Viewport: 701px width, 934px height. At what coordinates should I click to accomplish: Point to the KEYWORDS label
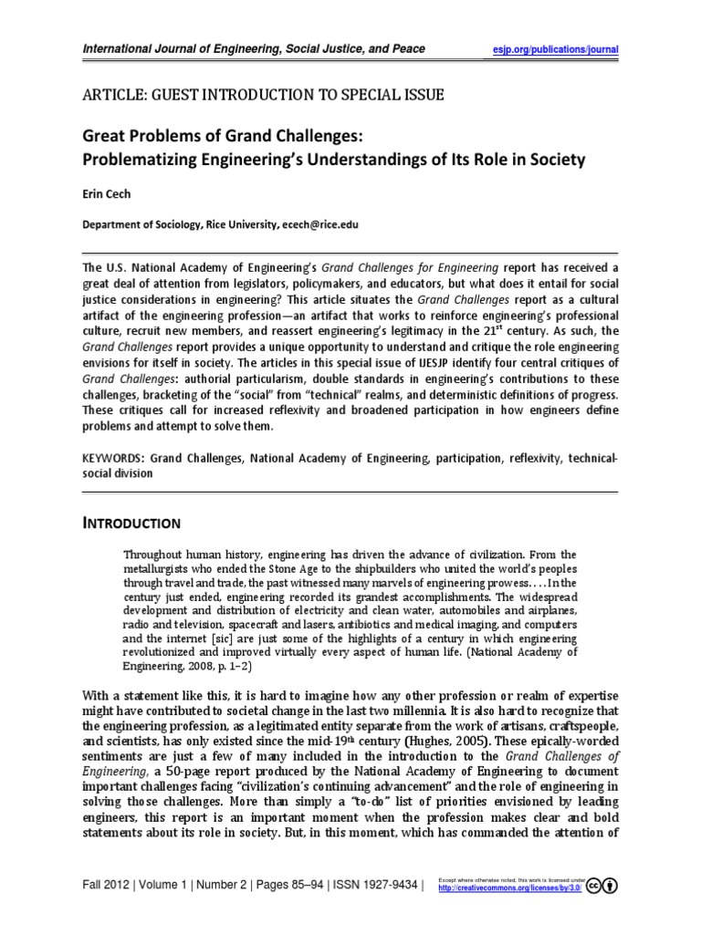(x=113, y=458)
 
